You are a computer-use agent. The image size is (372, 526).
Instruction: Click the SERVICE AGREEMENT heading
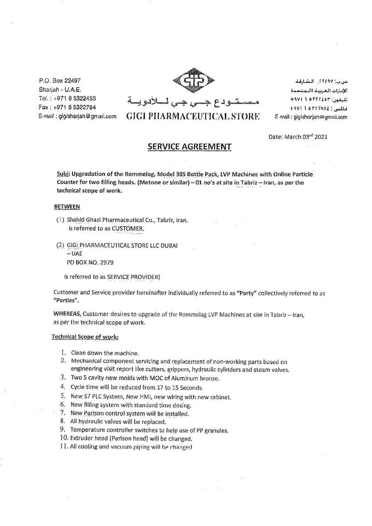click(x=189, y=147)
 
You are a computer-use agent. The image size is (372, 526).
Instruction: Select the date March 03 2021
click(x=298, y=137)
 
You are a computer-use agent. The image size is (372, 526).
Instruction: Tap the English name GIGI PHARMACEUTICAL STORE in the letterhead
click(x=193, y=116)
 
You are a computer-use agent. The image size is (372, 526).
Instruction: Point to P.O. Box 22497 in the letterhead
click(x=60, y=81)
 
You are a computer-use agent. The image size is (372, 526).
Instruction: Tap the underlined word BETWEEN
click(x=67, y=206)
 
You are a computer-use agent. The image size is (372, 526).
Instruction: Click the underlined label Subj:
click(x=62, y=173)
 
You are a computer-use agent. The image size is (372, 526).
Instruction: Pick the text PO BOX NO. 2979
click(x=90, y=262)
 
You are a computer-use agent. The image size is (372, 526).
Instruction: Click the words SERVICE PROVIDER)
click(x=133, y=277)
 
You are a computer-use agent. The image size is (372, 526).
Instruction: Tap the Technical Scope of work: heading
click(x=85, y=337)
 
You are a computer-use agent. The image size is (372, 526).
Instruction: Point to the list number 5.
click(x=63, y=397)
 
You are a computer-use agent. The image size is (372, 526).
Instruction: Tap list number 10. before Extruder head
click(x=64, y=438)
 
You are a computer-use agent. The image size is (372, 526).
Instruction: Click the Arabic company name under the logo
click(x=192, y=101)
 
